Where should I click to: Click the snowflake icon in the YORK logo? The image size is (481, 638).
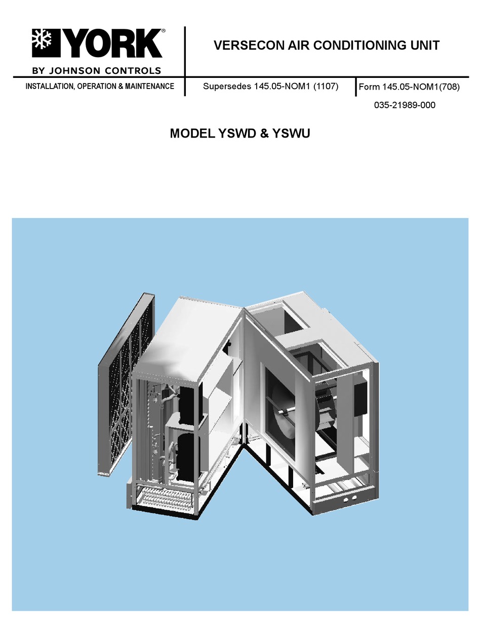coord(42,42)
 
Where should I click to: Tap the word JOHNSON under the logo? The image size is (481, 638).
coord(75,71)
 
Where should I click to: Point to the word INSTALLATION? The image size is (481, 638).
coord(50,87)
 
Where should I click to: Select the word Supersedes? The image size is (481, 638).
coord(227,87)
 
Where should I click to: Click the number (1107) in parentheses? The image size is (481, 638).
coord(326,87)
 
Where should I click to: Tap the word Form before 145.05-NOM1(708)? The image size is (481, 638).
coord(369,87)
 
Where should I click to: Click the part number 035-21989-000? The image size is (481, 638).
coord(405,105)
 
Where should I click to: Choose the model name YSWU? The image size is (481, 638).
coord(292,134)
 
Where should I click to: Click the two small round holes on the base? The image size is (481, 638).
coord(350,500)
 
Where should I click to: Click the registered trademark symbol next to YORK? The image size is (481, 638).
coord(164,30)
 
